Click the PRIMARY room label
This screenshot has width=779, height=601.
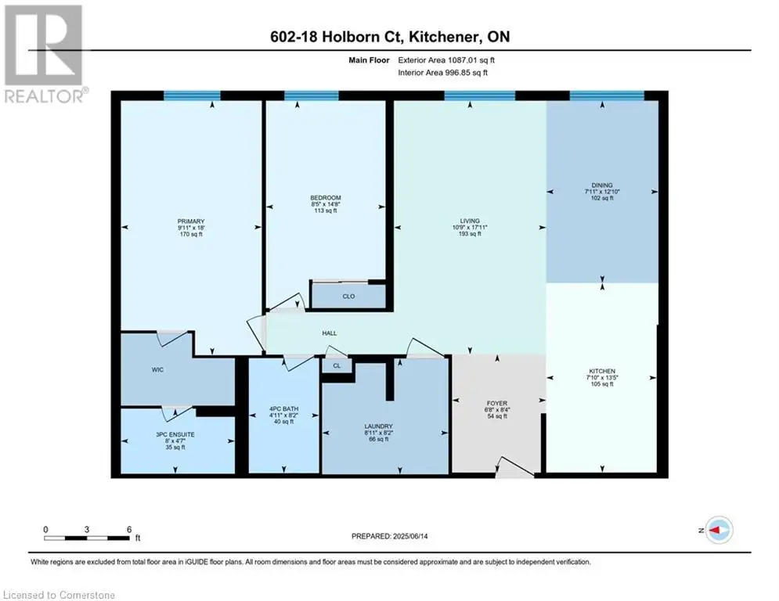191,221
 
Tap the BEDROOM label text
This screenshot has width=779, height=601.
326,198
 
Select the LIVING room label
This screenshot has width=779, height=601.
470,221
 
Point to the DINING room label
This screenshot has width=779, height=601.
602,185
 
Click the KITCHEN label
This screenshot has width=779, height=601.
602,371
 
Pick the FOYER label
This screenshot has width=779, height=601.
497,403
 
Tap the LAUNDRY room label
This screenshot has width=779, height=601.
379,426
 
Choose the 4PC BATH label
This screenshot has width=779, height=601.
283,408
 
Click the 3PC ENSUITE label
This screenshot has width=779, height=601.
175,434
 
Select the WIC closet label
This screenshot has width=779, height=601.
157,369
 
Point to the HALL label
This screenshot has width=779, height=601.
330,333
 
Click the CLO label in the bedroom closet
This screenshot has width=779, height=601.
348,296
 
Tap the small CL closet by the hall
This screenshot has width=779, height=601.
337,365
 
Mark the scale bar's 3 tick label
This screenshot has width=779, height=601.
87,530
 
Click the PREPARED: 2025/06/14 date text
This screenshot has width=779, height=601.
390,536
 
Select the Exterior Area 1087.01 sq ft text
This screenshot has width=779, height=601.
446,60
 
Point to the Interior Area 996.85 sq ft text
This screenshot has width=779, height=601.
442,73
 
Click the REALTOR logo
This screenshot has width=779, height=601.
45,54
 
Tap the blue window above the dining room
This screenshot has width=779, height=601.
607,95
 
